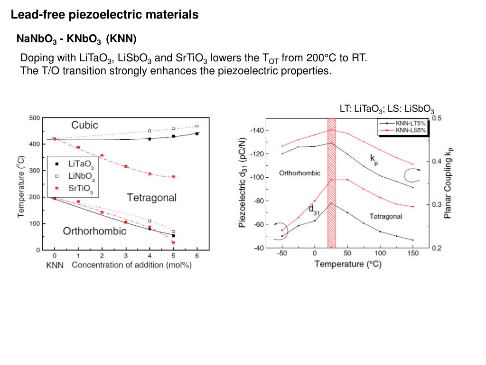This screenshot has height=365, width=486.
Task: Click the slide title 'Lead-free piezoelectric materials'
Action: coord(104,15)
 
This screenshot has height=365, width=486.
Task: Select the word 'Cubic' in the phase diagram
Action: coord(84,125)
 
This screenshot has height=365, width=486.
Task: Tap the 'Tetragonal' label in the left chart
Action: coord(151,198)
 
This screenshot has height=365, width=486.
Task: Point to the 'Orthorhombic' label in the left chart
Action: coord(95,231)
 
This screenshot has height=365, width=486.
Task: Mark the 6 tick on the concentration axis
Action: coord(197,256)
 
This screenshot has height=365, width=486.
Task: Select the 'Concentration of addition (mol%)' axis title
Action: coord(131,265)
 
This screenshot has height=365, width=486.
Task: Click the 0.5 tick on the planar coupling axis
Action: coord(436,118)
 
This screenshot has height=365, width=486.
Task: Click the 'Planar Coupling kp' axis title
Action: coord(449,182)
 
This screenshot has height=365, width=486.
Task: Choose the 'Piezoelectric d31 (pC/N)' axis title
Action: coord(243,182)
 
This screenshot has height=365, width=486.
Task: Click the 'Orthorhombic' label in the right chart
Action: coord(299,173)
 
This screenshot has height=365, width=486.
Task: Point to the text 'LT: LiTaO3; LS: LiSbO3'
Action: coord(387,109)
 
